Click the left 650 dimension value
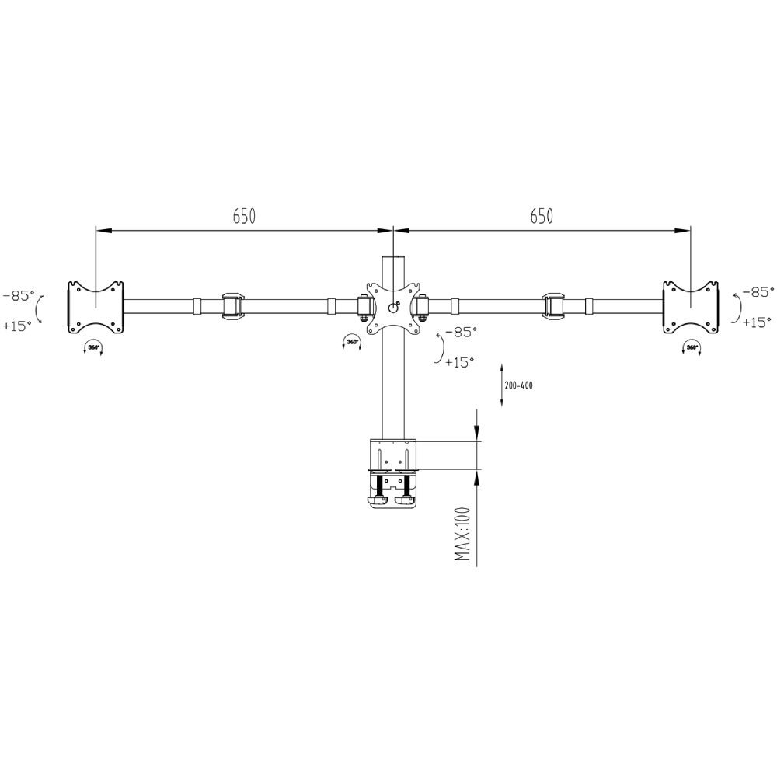[x=244, y=217]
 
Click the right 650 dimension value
[x=542, y=217]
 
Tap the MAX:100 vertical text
[x=464, y=535]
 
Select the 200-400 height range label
[x=518, y=385]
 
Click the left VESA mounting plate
[x=96, y=307]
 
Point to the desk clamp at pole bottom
[x=392, y=474]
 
